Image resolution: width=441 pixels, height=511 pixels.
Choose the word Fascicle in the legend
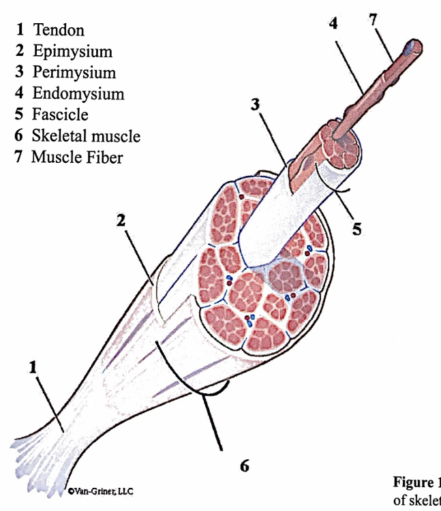[59, 114]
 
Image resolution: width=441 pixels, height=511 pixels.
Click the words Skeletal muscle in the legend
[86, 136]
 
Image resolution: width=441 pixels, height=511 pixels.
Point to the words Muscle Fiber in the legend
[76, 157]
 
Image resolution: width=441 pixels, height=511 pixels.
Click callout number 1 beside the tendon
[32, 367]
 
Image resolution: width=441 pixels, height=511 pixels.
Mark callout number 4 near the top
[333, 24]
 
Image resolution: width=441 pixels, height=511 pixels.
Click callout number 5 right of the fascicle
[356, 229]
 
